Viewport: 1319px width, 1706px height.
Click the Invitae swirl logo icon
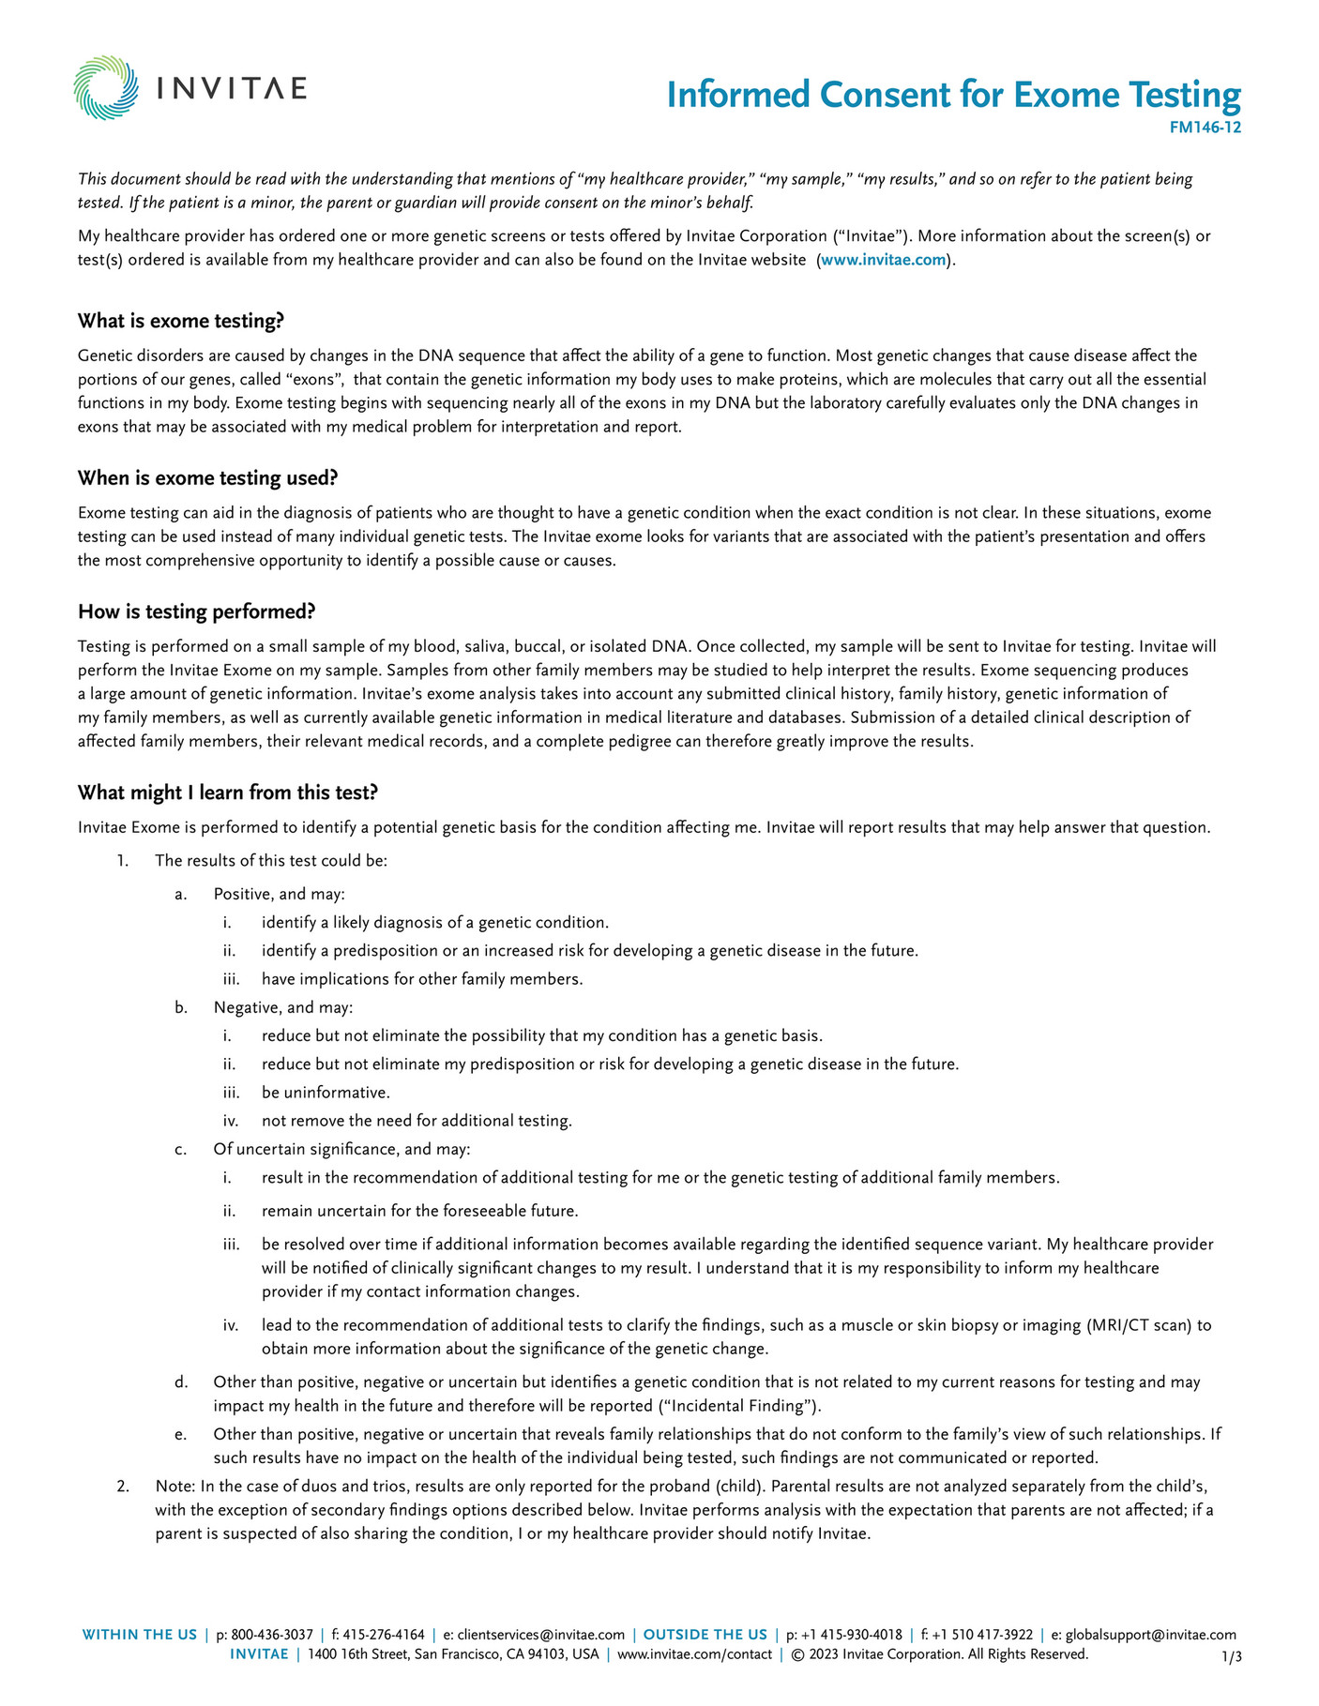click(x=106, y=88)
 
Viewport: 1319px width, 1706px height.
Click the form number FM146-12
click(x=1205, y=128)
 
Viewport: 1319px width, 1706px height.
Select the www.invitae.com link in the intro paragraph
click(x=883, y=260)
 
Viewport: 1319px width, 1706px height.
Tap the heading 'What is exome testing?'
click(x=180, y=321)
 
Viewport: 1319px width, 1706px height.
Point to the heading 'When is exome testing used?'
click(x=207, y=478)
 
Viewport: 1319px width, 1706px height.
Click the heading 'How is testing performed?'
click(x=196, y=611)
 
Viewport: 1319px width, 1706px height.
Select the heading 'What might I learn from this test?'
click(x=227, y=793)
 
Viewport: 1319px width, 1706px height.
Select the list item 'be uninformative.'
click(x=326, y=1093)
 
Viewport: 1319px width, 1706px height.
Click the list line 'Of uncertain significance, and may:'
click(x=341, y=1149)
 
